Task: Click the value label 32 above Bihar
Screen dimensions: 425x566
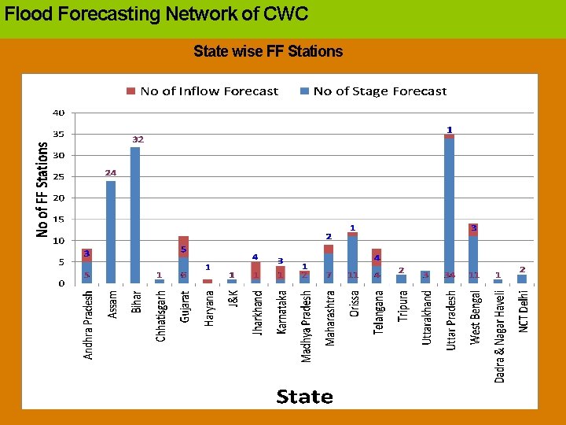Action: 138,139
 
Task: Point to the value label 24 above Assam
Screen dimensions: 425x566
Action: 111,172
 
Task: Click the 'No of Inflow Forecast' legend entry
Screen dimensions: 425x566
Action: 202,91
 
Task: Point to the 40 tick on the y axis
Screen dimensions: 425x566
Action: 59,113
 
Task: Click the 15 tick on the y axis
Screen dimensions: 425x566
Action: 59,220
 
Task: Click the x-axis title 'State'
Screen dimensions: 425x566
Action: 304,396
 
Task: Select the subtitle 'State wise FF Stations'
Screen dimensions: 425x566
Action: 268,52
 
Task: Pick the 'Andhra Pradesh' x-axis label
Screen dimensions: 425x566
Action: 88,325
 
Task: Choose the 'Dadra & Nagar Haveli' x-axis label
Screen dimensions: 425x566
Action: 499,336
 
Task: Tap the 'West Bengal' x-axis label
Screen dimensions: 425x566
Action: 476,317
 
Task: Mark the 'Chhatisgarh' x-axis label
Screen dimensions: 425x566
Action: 160,316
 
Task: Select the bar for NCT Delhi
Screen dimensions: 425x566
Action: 522,279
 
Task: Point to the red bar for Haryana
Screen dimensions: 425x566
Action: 208,281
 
